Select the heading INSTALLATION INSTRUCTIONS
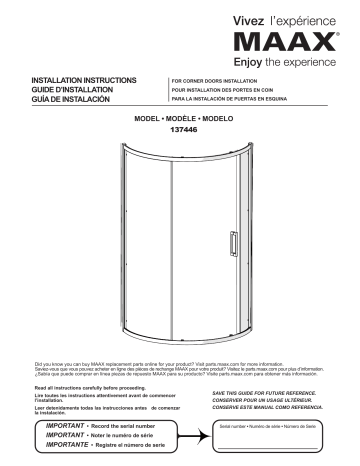click(84, 78)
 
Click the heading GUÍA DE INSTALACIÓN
click(69, 100)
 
